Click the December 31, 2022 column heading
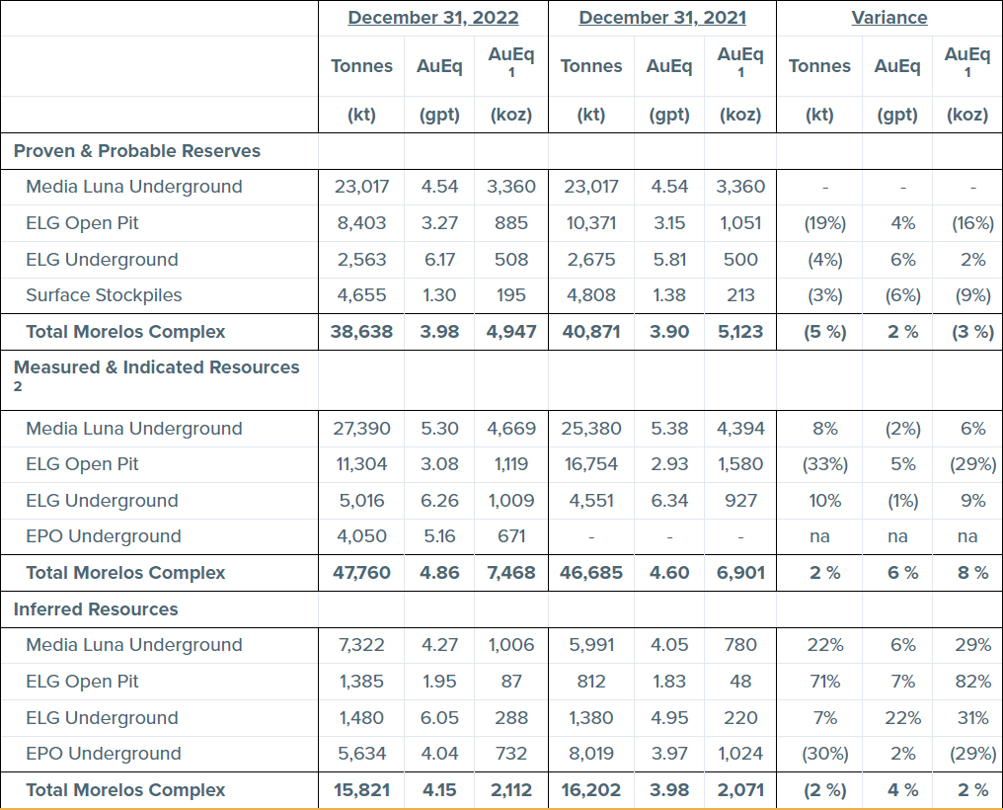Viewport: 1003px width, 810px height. [x=433, y=18]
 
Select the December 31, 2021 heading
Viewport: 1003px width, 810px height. [x=662, y=18]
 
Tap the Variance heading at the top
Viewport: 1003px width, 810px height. [x=889, y=18]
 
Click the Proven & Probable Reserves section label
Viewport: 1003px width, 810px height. [x=137, y=151]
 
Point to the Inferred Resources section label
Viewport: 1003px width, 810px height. [x=96, y=609]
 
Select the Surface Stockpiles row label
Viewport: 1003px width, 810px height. [x=104, y=295]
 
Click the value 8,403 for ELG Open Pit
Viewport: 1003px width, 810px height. [x=362, y=223]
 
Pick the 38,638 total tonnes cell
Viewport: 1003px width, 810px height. [x=362, y=332]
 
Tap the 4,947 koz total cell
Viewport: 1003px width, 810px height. [x=510, y=332]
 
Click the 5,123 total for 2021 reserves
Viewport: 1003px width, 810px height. [x=740, y=332]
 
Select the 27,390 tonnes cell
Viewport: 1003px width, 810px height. [x=362, y=429]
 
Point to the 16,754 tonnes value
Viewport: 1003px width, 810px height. [x=590, y=464]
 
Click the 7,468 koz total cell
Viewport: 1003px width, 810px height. [x=510, y=573]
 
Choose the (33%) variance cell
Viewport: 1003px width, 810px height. [x=824, y=464]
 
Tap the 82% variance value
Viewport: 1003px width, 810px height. [x=972, y=682]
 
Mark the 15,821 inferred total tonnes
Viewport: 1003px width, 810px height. [x=362, y=790]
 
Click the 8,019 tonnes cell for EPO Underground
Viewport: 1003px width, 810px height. [x=590, y=754]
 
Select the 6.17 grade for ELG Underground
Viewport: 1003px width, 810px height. [x=439, y=260]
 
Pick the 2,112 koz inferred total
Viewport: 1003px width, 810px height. [x=510, y=790]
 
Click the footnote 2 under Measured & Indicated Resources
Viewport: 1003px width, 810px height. [x=18, y=386]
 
